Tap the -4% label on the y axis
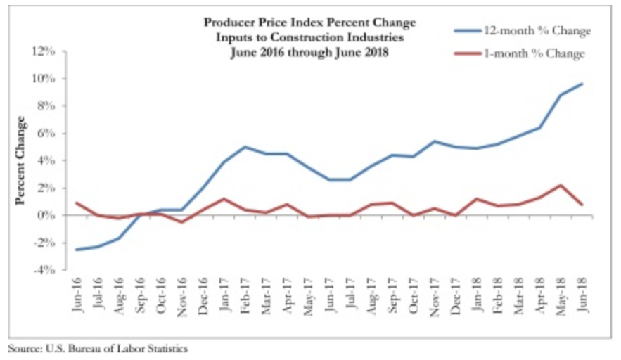coord(44,269)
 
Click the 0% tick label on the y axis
coord(46,215)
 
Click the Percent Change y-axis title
coord(20,160)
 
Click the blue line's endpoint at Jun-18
coord(582,84)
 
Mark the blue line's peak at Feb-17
coord(245,147)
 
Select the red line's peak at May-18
coord(561,185)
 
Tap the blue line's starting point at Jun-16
coord(76,250)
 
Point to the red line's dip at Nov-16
coord(181,222)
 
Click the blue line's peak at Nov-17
coord(435,141)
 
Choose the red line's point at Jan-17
coord(224,198)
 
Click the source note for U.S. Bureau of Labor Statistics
coord(98,348)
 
